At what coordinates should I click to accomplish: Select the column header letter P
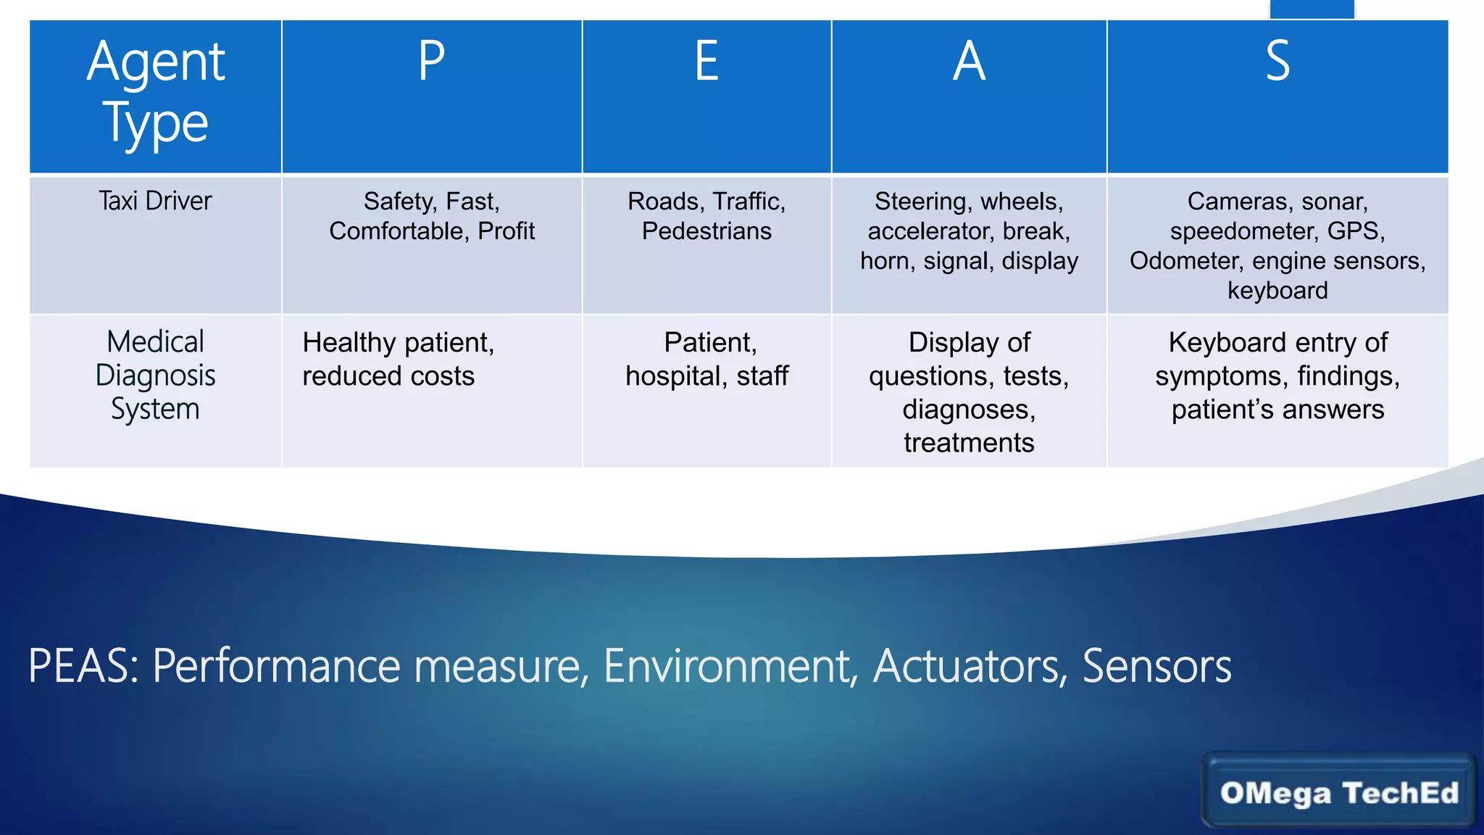coord(432,61)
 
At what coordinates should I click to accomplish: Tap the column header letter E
coord(706,61)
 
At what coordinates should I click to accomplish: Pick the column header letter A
coord(969,61)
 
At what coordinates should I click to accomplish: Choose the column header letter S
coord(1277,61)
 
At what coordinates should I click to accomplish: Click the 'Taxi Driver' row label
coord(155,201)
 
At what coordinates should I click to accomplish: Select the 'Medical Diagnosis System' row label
coord(155,375)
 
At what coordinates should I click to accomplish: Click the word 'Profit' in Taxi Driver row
coord(507,231)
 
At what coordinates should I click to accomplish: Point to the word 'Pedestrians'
coord(706,231)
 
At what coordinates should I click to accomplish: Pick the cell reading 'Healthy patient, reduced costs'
coord(398,360)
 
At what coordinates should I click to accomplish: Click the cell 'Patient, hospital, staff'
coord(706,360)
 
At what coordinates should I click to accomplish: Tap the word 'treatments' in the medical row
coord(969,443)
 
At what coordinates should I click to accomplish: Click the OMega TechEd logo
coord(1338,792)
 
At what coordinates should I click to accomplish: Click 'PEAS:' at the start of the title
coord(83,666)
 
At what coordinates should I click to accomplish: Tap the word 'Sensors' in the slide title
coord(1156,666)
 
